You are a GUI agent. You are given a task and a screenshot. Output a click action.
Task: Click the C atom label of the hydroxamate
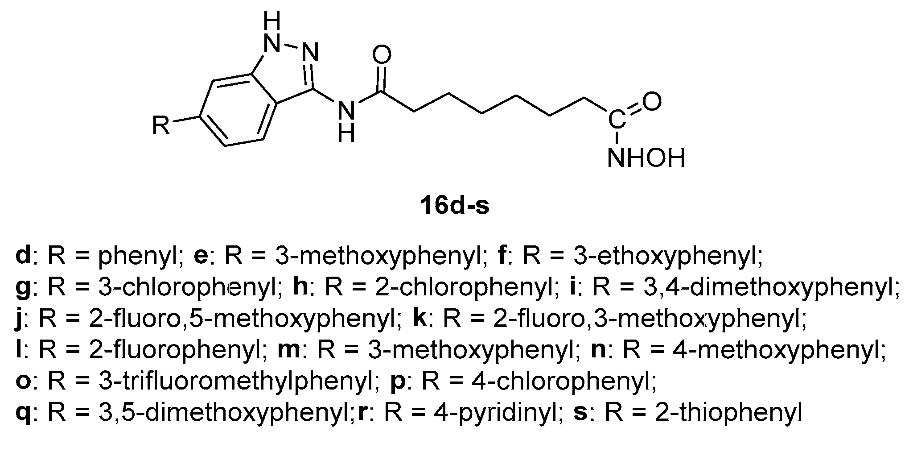[x=617, y=120]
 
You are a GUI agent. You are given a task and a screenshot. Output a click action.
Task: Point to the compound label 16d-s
[x=455, y=207]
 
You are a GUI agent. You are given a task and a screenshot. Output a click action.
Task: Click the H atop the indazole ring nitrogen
[x=272, y=20]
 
